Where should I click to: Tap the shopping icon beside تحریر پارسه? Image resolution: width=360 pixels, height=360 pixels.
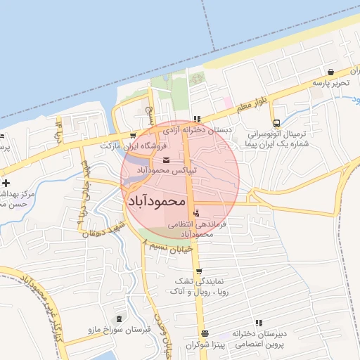(x=330, y=72)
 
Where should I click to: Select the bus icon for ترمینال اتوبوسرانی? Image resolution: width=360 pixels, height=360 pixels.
(x=276, y=122)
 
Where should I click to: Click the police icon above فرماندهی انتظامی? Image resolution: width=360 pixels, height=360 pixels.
(x=195, y=212)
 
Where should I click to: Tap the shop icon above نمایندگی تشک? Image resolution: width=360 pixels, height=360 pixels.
(x=199, y=271)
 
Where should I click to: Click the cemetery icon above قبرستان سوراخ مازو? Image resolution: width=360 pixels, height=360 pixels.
(x=117, y=319)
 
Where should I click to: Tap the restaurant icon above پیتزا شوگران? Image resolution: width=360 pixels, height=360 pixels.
(x=204, y=334)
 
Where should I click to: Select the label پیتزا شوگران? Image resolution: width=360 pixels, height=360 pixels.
(x=203, y=345)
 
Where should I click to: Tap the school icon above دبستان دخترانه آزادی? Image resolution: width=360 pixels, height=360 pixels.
(x=198, y=120)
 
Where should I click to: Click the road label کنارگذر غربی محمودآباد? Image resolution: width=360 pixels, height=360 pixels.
(x=42, y=302)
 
